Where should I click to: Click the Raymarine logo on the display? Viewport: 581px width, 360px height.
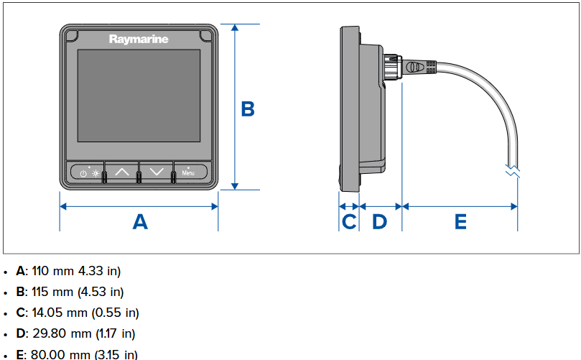coord(139,39)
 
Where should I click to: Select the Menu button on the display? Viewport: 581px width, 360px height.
coord(188,172)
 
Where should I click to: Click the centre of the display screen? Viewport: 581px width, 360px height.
coord(139,96)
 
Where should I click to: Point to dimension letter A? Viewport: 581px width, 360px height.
coord(140,221)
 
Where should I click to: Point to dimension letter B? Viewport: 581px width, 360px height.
coord(247,109)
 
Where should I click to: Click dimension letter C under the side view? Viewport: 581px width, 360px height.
coord(349,221)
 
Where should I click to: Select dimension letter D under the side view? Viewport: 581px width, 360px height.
coord(379,221)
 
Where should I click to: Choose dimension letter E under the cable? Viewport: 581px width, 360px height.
coord(460,221)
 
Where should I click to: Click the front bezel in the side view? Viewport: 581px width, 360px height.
coord(348,108)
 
